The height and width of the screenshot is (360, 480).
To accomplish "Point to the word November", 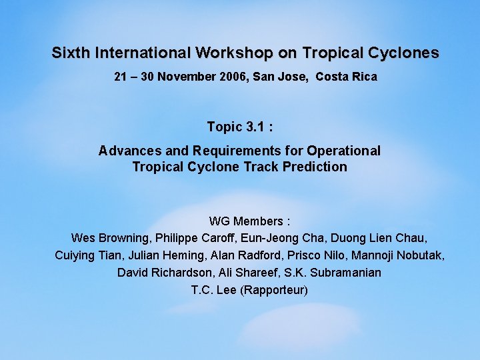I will pyautogui.click(x=187, y=77).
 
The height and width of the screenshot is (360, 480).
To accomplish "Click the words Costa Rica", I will pyautogui.click(x=346, y=77).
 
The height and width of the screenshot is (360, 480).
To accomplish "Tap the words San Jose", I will pyautogui.click(x=281, y=77).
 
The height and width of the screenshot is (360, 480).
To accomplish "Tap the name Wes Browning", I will pyautogui.click(x=109, y=238).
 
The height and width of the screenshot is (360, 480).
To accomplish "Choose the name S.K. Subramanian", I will pyautogui.click(x=329, y=273).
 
